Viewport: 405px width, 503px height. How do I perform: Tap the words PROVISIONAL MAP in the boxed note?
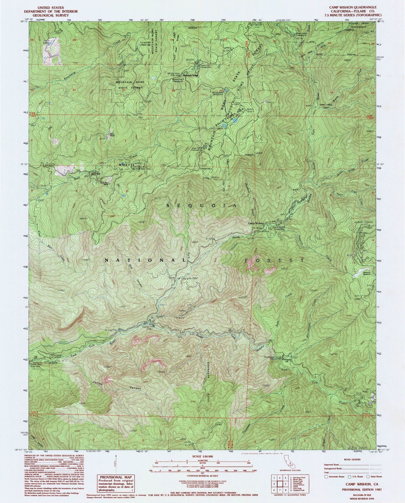pyautogui.click(x=116, y=477)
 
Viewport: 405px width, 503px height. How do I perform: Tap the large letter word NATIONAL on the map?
pyautogui.click(x=145, y=261)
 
